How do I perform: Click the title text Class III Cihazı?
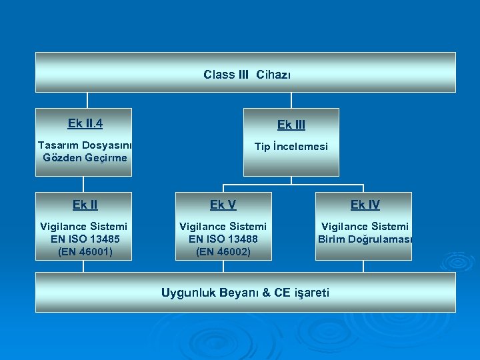pos(247,75)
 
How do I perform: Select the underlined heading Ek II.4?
pos(85,123)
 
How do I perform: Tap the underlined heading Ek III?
pos(291,125)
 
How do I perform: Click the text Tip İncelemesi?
pos(291,146)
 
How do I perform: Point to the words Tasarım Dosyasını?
pos(85,145)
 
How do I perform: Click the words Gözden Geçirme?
pos(85,158)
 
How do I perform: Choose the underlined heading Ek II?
pos(84,205)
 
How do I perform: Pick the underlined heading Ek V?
pos(223,205)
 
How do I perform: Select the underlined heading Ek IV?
pos(365,205)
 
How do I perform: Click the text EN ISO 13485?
pos(84,239)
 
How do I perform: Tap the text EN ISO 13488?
pos(223,239)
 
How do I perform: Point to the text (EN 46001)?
pos(84,251)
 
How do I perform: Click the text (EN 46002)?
pos(223,251)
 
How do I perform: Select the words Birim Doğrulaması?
pos(365,239)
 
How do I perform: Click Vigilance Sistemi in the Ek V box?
pos(223,227)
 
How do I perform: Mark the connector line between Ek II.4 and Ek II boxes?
pos(83,184)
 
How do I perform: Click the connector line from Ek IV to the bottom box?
pos(363,266)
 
